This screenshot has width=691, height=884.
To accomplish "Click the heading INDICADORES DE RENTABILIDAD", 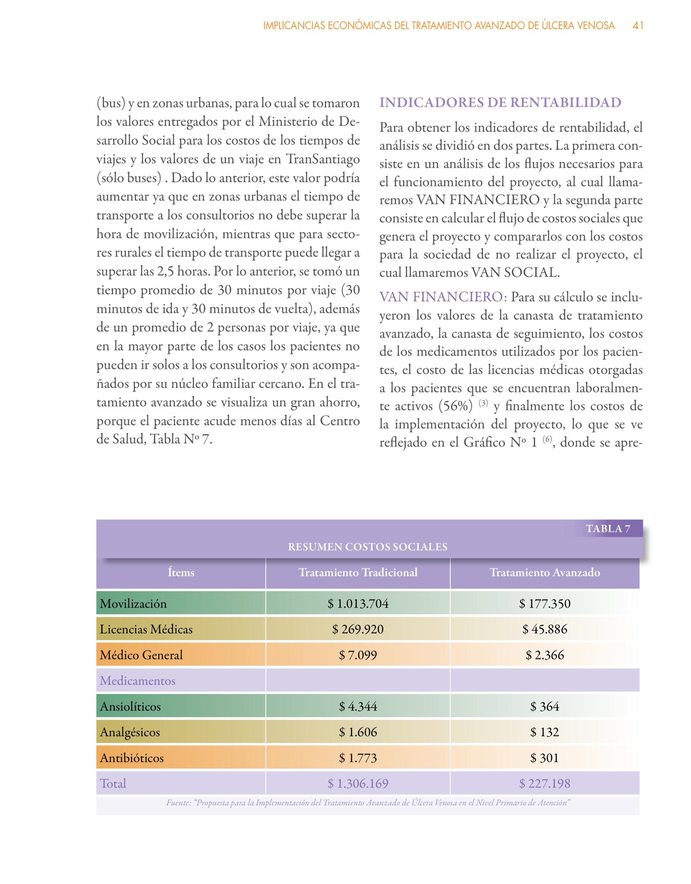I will [x=500, y=103].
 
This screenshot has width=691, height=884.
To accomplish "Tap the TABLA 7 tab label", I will [x=608, y=529].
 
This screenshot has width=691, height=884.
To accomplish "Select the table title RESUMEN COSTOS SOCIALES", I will [x=367, y=547].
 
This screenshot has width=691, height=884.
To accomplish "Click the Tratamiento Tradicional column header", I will [x=358, y=572].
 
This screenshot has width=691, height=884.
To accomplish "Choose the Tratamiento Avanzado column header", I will [x=545, y=572].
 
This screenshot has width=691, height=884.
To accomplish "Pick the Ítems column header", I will [x=181, y=572].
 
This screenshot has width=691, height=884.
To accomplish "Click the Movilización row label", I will [x=133, y=604].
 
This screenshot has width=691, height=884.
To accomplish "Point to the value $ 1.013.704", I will [x=358, y=604].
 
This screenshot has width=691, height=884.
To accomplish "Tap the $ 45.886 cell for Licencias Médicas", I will [x=545, y=629].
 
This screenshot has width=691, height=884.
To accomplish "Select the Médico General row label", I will [x=141, y=655].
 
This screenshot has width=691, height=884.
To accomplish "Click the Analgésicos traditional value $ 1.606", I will [x=358, y=732].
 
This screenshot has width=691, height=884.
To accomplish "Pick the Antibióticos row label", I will [x=132, y=758].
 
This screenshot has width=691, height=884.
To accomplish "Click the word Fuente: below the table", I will [x=179, y=803].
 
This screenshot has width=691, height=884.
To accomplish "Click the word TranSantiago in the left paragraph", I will [x=323, y=159].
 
